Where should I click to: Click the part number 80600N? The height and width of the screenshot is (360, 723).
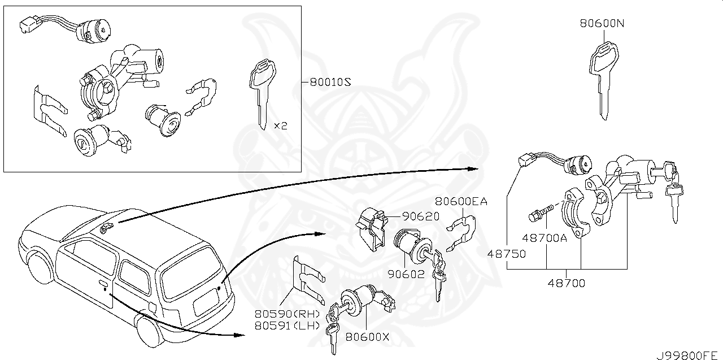[602, 24]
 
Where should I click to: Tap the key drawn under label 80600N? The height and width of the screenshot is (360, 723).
[603, 79]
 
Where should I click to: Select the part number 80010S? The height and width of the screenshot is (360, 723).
[330, 82]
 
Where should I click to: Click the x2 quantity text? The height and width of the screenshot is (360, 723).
[280, 125]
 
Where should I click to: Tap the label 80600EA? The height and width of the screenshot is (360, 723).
[461, 201]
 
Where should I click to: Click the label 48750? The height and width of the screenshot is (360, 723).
[507, 254]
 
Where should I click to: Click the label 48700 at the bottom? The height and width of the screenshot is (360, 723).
[567, 283]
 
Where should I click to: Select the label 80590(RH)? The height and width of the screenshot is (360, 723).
[287, 314]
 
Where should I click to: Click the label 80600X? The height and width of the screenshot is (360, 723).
[368, 337]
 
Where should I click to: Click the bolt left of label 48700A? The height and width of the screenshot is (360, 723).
[537, 215]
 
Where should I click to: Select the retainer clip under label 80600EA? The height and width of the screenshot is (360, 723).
[461, 232]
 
